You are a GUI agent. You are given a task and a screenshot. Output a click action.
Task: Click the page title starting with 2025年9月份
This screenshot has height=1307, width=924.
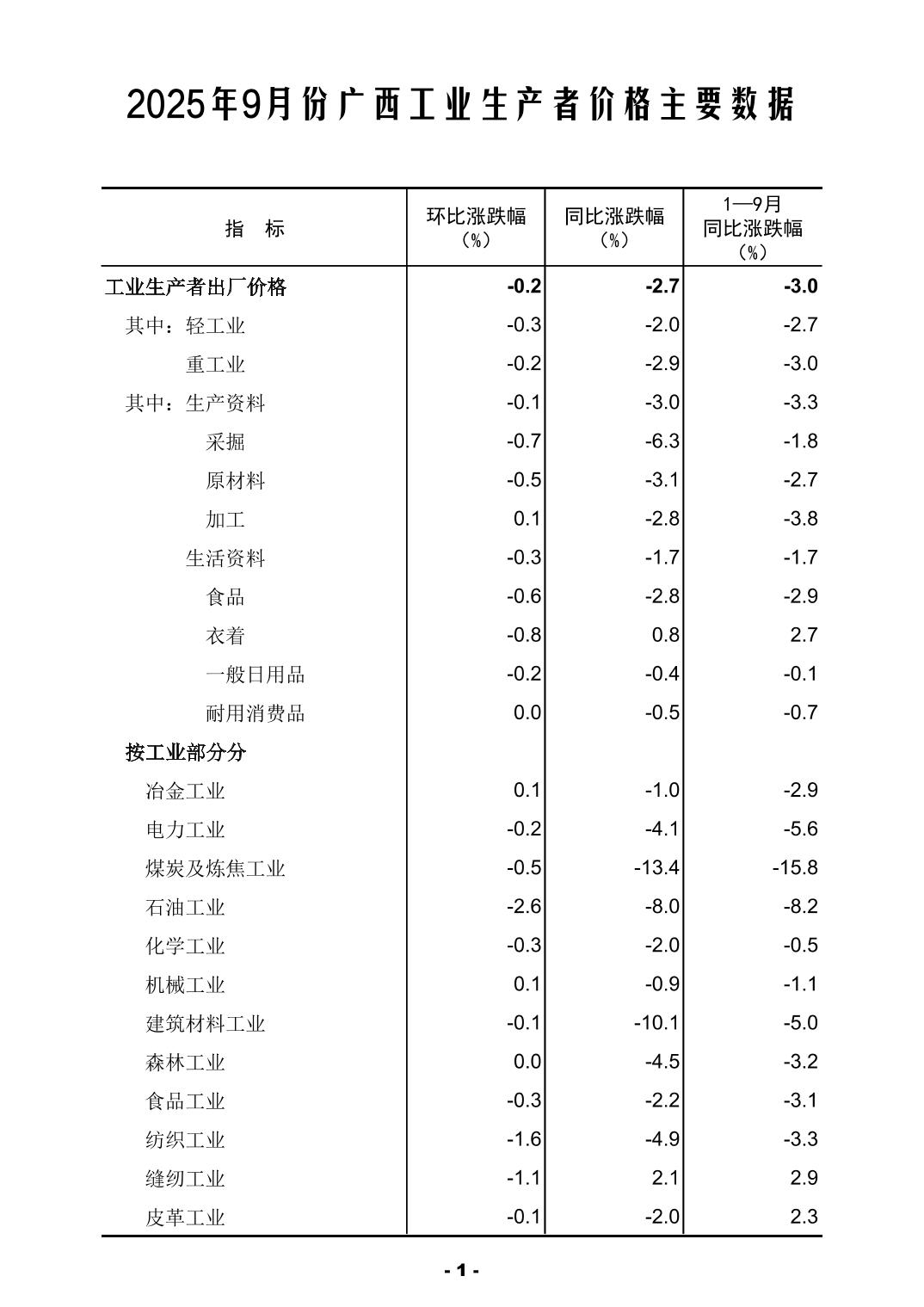point(461,105)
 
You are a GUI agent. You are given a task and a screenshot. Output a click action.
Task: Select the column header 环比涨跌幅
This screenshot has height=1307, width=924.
point(476,217)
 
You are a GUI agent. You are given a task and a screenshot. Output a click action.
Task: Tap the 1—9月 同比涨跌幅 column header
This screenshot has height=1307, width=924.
point(753,228)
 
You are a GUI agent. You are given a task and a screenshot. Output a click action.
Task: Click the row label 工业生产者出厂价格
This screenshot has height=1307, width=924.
point(195,287)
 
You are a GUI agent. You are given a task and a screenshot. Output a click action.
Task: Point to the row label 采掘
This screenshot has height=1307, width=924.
point(225,442)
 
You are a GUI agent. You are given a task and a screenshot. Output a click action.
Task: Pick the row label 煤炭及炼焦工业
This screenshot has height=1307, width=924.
point(215,868)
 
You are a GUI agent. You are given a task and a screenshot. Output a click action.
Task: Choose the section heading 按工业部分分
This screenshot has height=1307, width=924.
point(186,753)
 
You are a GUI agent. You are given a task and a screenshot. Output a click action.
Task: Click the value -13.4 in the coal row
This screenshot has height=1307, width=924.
point(656,867)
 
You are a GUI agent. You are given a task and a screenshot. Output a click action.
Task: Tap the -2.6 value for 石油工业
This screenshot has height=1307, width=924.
point(523,906)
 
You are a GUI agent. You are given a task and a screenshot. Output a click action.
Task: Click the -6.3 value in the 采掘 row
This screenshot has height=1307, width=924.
point(662,441)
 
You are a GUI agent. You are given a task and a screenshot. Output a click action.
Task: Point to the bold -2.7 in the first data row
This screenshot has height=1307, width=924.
point(662,287)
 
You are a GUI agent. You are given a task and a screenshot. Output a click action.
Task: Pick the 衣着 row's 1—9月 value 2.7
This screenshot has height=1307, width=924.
point(804,635)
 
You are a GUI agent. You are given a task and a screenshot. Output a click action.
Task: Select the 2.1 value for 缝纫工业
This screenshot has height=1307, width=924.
point(666,1178)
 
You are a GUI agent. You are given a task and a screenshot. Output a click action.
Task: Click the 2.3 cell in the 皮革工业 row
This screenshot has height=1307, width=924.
point(804,1217)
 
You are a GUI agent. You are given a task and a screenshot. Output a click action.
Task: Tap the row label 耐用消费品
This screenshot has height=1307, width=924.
point(256,713)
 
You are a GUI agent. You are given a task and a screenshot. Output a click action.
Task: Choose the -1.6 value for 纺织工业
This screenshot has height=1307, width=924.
point(523,1139)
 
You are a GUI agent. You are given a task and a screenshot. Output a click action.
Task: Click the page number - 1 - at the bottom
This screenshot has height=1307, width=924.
point(462,1270)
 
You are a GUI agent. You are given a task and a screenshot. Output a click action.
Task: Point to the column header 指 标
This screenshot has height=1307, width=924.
point(255,229)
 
